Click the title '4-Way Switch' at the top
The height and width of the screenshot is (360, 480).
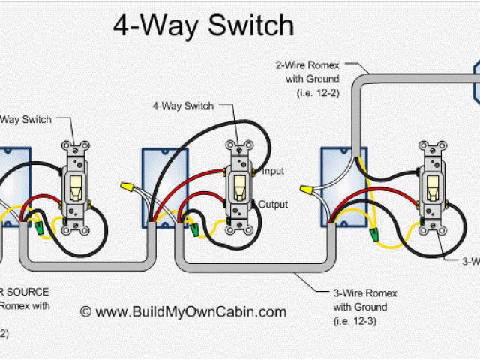coord(202,26)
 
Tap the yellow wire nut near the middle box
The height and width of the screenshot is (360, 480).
coord(127,184)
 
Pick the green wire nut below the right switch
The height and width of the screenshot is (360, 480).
coord(375,234)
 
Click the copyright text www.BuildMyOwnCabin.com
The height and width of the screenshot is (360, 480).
coord(182,310)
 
